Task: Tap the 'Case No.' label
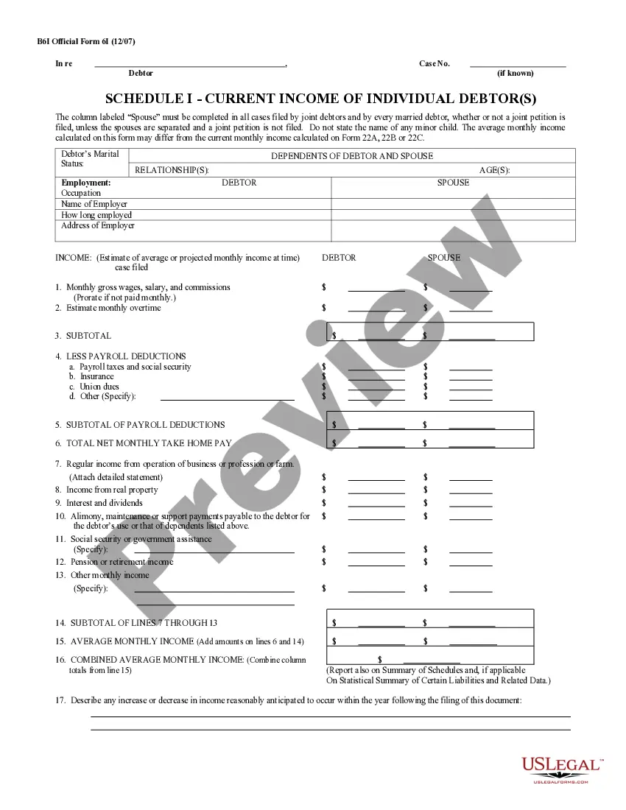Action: [435, 64]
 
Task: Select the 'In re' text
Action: [64, 64]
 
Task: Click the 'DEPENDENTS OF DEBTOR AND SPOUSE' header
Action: [352, 156]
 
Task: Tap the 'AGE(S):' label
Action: [494, 170]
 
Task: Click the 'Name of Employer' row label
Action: [94, 204]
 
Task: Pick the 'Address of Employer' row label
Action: [98, 225]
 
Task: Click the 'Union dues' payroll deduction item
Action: [99, 387]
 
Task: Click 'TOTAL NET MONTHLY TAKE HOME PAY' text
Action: [149, 444]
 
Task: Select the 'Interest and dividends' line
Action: [105, 503]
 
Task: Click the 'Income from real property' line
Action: [112, 490]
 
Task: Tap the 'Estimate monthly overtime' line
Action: [113, 308]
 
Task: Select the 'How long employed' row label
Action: [96, 215]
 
